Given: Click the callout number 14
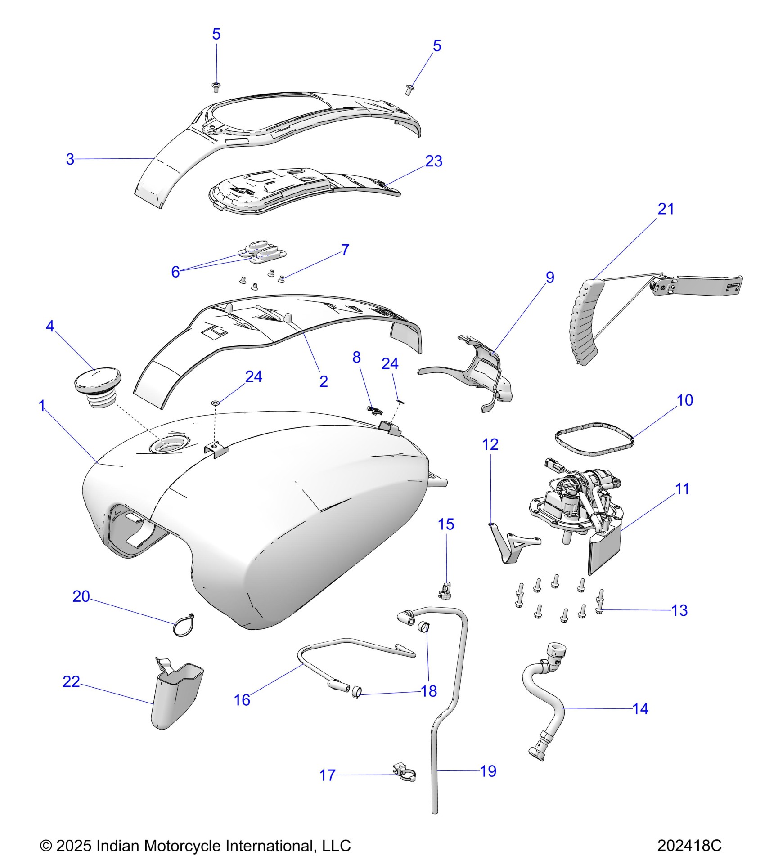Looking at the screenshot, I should click(640, 709).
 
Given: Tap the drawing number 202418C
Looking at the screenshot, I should click(689, 845).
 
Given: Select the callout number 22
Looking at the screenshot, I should click(71, 681).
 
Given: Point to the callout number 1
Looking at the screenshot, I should click(42, 406).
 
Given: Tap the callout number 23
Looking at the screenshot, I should click(434, 161).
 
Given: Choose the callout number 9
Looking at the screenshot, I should click(550, 277).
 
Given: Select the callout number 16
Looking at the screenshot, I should click(242, 700).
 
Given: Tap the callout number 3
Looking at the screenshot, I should click(70, 159).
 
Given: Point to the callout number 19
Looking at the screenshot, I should click(488, 771).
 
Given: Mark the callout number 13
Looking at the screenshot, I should click(679, 610).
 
